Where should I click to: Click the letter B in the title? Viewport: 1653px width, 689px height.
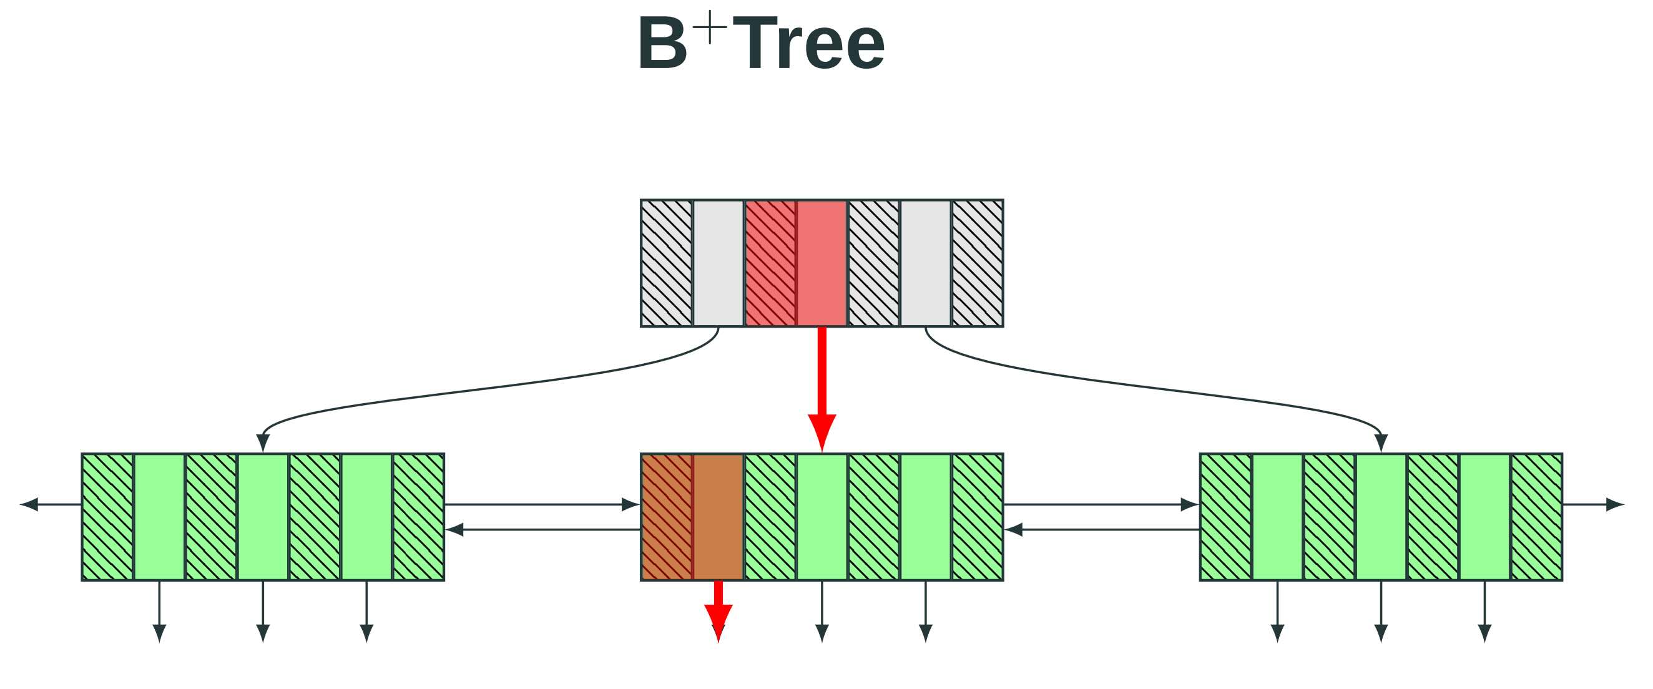click(662, 44)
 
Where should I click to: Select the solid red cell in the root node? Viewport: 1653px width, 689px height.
click(822, 263)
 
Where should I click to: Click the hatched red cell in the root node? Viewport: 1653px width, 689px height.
click(770, 263)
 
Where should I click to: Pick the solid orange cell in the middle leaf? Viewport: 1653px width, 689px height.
click(718, 517)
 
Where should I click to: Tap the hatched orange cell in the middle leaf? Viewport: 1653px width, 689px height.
click(667, 517)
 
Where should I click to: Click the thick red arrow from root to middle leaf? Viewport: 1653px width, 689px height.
click(822, 385)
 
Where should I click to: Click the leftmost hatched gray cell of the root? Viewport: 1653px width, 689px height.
click(667, 263)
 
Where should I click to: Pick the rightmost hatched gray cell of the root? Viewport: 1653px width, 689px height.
click(978, 263)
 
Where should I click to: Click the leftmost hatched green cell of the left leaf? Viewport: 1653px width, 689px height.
click(108, 517)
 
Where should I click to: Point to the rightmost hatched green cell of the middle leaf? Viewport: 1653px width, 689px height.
click(978, 517)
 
